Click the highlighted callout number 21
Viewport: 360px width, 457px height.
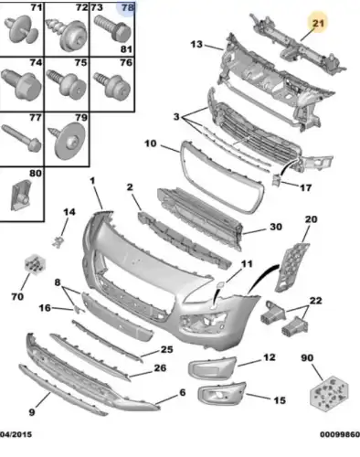tap(318, 23)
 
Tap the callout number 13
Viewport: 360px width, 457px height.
tap(196, 45)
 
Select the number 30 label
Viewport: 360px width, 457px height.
tap(276, 227)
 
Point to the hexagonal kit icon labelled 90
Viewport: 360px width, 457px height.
tap(329, 393)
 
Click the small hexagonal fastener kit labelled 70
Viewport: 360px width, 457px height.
tap(36, 264)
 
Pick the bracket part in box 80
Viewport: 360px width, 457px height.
tap(21, 195)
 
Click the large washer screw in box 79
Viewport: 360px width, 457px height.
tap(68, 141)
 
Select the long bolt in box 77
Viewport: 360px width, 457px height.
tap(21, 138)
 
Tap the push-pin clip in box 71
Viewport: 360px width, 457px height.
tap(21, 29)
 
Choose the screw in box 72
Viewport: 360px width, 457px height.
tap(67, 34)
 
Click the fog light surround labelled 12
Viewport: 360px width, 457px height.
tap(213, 368)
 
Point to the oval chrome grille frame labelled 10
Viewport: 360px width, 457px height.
tap(222, 177)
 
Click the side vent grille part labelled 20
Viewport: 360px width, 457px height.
tap(291, 267)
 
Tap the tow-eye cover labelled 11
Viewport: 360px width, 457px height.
tap(220, 285)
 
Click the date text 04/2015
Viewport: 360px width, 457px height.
tap(16, 434)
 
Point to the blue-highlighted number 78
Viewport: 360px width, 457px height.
tap(128, 7)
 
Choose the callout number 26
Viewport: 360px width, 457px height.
tap(160, 368)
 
